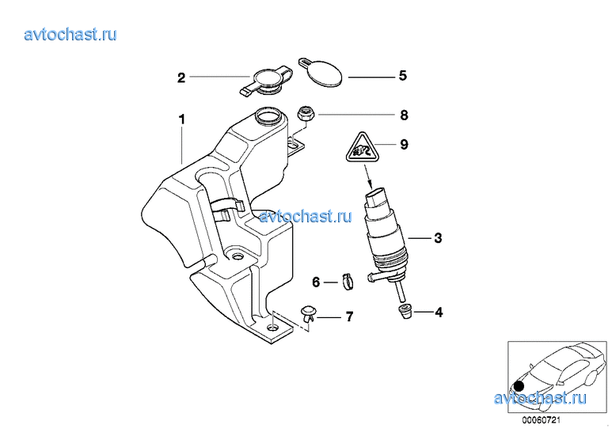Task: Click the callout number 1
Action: [x=182, y=119]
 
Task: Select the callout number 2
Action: [x=181, y=78]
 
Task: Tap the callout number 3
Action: [x=438, y=238]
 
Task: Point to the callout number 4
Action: [x=439, y=312]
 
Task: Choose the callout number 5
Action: [x=403, y=76]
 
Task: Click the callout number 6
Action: [x=316, y=282]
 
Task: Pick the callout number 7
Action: [x=349, y=316]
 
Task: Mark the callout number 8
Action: [x=404, y=115]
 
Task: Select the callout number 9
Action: [x=404, y=145]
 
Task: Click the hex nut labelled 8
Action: [x=306, y=113]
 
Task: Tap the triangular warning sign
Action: [x=363, y=148]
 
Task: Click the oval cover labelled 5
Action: [x=321, y=72]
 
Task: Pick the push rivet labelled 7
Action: [x=308, y=314]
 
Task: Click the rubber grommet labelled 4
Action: [x=405, y=312]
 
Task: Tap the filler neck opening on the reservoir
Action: [x=268, y=115]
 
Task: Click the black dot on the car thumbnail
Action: [x=519, y=386]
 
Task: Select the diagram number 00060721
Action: [x=541, y=421]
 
